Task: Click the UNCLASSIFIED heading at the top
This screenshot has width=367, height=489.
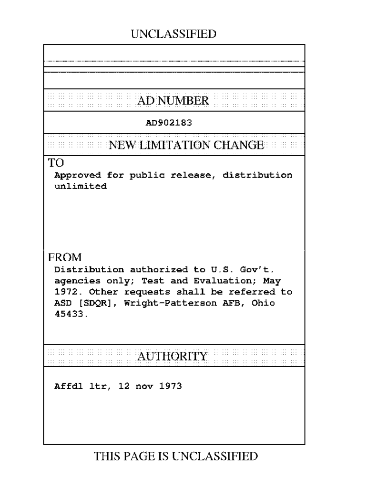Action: point(173,34)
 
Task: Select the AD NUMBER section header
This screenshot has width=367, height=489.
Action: point(173,101)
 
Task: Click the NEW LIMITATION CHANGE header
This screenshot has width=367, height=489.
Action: point(186,145)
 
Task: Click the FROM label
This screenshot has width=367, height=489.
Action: point(65,257)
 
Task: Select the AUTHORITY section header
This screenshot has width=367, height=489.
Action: point(173,356)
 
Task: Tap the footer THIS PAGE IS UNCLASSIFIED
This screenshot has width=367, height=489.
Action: point(176,457)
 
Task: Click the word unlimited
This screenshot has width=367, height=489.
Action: point(81,186)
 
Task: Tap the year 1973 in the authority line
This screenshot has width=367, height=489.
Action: point(170,386)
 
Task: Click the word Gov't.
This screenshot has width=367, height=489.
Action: point(264,270)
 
